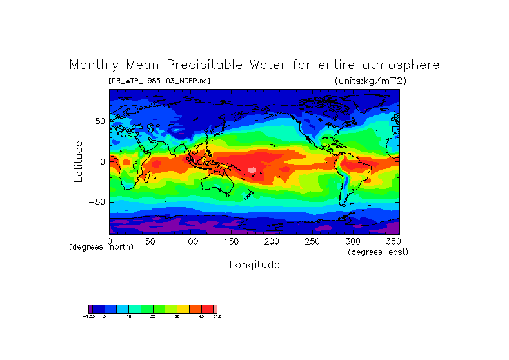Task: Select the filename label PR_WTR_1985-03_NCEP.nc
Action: (x=159, y=81)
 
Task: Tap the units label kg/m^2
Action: (x=370, y=81)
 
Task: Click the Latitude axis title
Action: (x=79, y=161)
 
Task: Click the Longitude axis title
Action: (x=254, y=265)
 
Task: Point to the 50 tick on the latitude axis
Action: (x=100, y=121)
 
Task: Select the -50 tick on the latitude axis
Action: (x=97, y=202)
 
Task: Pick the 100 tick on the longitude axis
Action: (x=190, y=241)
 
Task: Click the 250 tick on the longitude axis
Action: (x=312, y=241)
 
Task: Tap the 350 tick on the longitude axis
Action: (x=392, y=241)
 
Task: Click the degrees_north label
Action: (x=101, y=247)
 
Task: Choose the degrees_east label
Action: (x=378, y=252)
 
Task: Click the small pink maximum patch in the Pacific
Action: (x=252, y=170)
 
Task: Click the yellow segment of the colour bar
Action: (x=183, y=309)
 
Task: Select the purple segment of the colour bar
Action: (x=90, y=309)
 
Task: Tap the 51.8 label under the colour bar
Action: (x=217, y=317)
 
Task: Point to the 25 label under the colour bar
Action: (x=153, y=317)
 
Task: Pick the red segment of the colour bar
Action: (x=207, y=309)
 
